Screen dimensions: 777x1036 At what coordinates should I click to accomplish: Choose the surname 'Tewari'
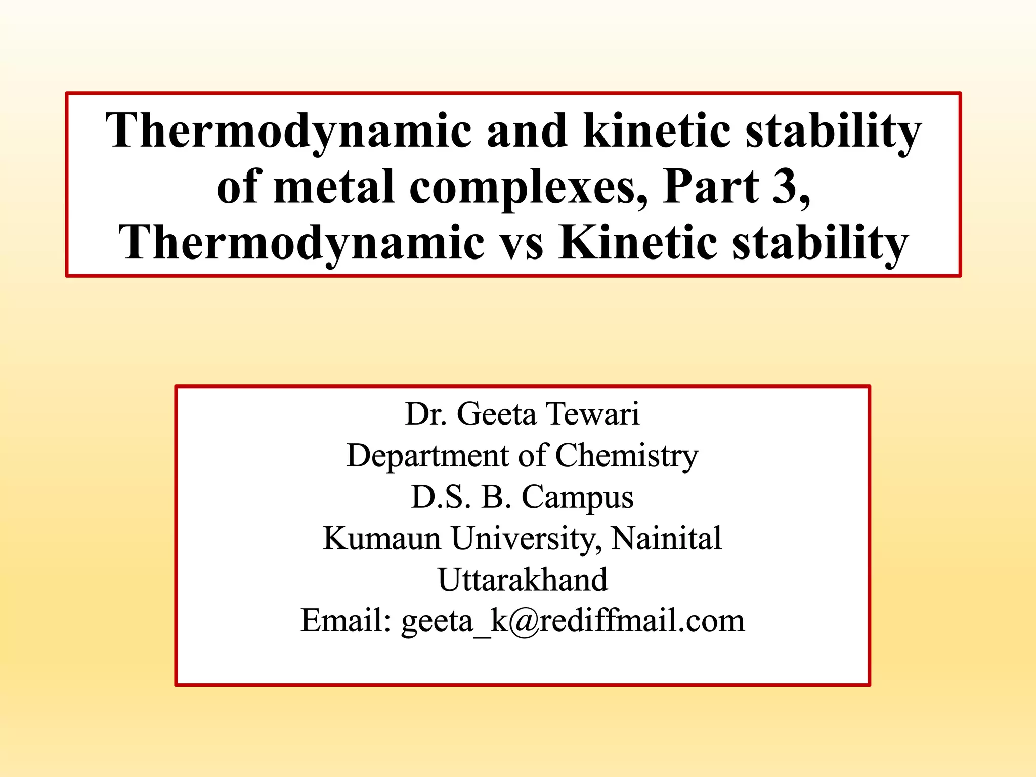(593, 414)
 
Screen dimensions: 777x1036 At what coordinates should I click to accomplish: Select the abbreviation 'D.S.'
(441, 497)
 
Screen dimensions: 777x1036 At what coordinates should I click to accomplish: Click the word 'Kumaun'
(382, 538)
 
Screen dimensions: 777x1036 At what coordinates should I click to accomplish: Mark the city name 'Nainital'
(666, 538)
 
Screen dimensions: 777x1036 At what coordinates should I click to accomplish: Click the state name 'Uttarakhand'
(523, 580)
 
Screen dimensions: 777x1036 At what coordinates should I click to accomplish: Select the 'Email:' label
(346, 621)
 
